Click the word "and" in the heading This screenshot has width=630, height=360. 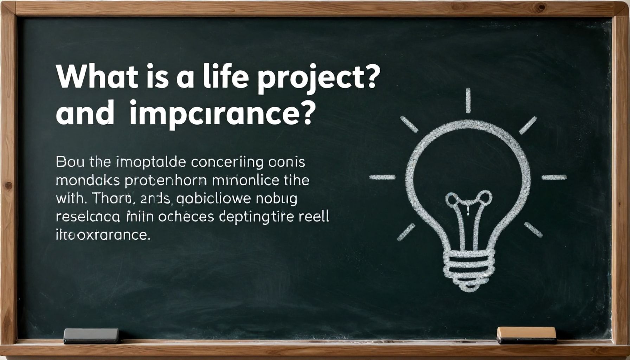85,114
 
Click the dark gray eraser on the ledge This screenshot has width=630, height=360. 91,335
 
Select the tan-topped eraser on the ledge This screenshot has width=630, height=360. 526,335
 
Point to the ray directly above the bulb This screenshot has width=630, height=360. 468,101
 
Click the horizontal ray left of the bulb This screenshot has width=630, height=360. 382,177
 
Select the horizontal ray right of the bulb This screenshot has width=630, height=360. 554,177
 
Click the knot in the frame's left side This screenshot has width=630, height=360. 8,185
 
